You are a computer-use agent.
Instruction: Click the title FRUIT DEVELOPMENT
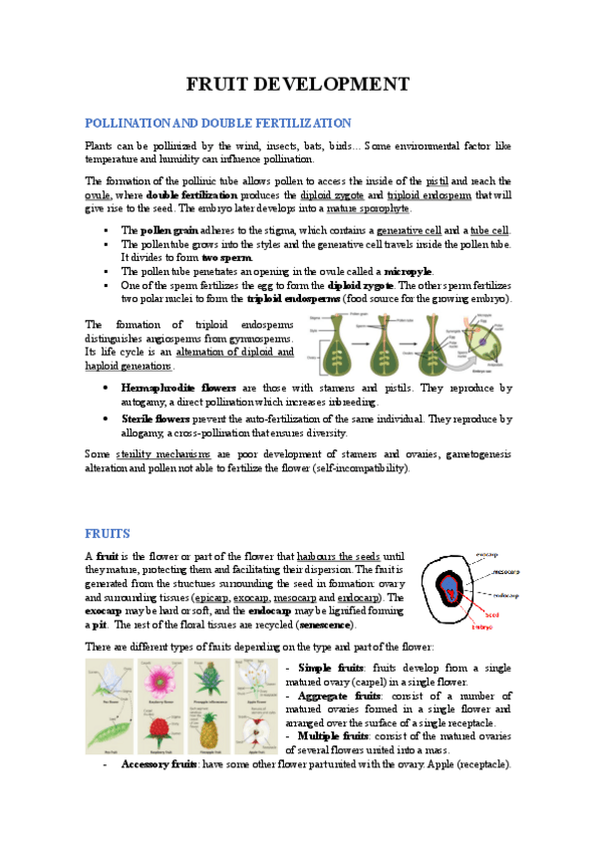298,83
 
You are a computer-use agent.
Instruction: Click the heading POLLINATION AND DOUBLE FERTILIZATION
218,123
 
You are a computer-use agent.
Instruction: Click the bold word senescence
327,624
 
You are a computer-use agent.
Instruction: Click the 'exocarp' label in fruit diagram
486,553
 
